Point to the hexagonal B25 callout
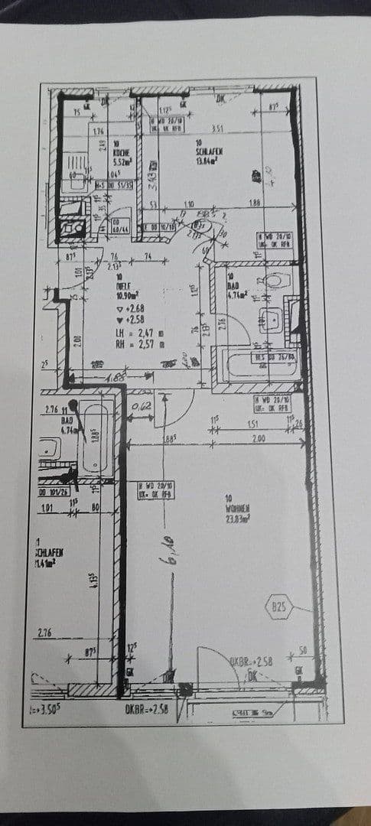pyautogui.click(x=279, y=609)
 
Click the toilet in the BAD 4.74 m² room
pyautogui.click(x=273, y=281)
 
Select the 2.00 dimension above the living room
pyautogui.click(x=259, y=438)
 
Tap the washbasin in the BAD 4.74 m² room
pyautogui.click(x=271, y=319)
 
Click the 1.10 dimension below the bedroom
pyautogui.click(x=189, y=204)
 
